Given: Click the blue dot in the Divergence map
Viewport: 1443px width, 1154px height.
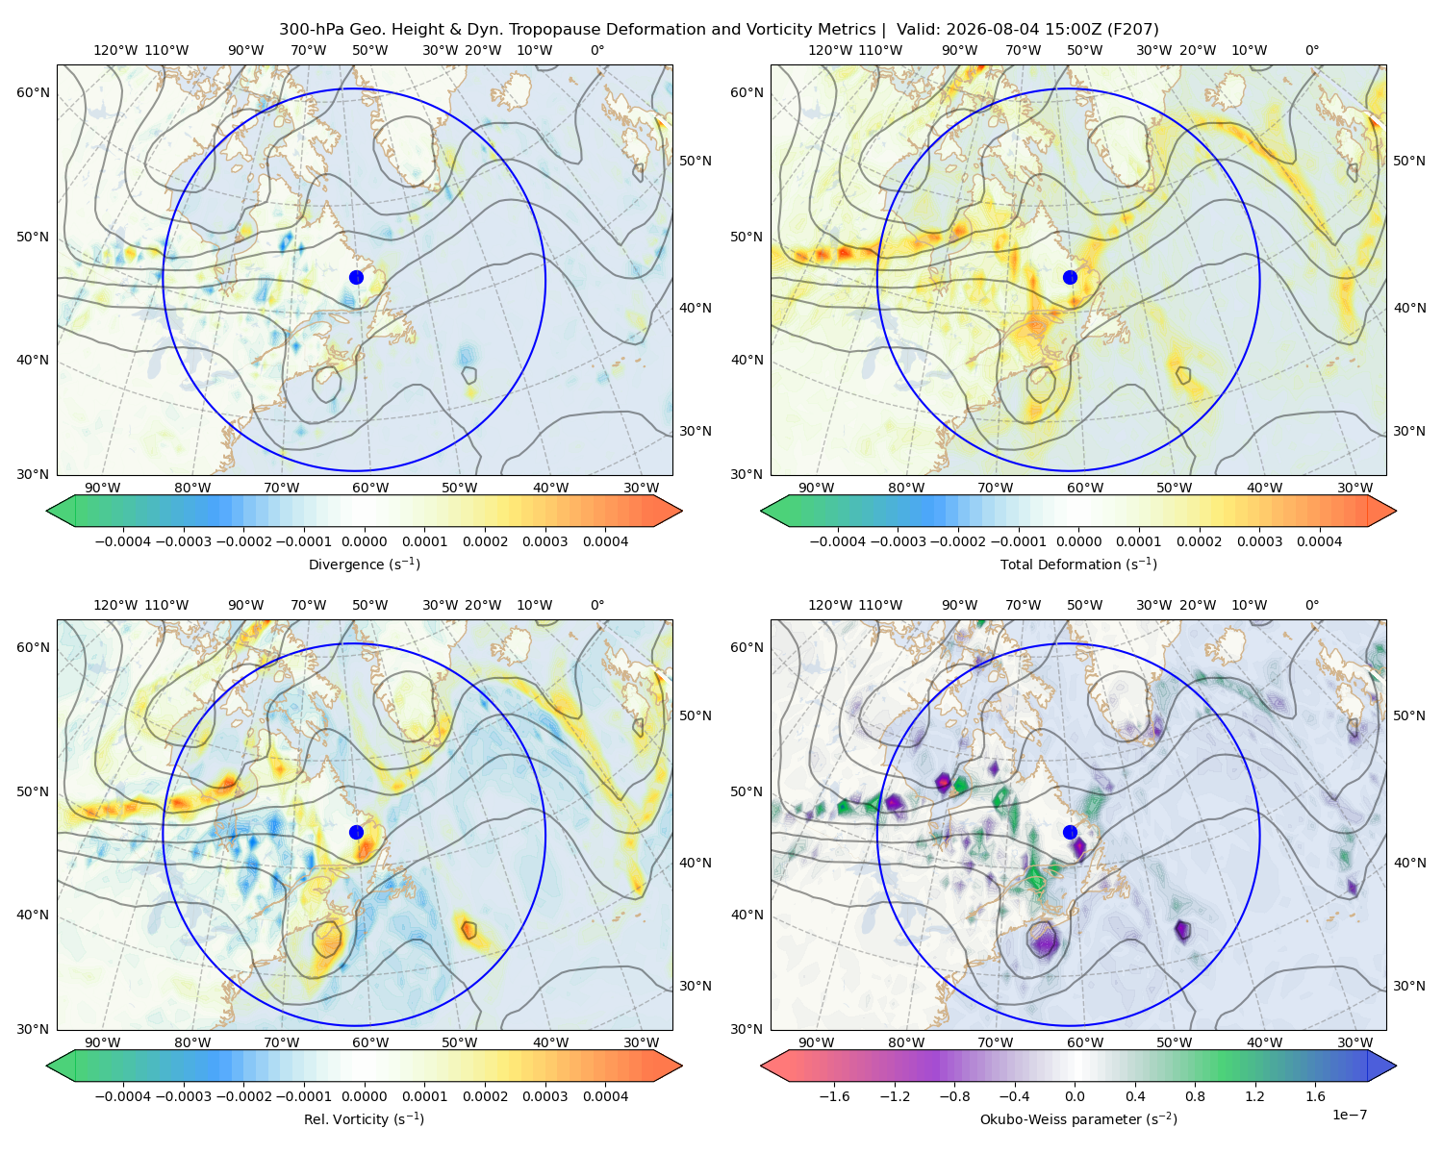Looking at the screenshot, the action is (x=356, y=277).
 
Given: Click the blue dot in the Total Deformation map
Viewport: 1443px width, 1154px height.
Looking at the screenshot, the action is (x=1070, y=277).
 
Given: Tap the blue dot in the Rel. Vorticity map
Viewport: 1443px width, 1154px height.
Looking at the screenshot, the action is (x=356, y=832).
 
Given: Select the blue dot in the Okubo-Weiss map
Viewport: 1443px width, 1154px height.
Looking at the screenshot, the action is (x=1070, y=832).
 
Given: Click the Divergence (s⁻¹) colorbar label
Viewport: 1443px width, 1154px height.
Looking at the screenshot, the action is (x=364, y=564).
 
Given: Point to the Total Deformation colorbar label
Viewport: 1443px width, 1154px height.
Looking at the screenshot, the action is (x=1078, y=564).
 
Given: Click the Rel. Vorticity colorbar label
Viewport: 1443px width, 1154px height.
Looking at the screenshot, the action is (x=364, y=1118).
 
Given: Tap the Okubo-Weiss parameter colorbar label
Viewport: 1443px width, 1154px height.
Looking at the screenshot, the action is (x=1078, y=1118).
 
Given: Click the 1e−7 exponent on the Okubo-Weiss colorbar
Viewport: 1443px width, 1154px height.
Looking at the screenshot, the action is (x=1349, y=1115).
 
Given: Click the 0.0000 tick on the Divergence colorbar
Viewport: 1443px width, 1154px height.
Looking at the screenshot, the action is (x=364, y=541).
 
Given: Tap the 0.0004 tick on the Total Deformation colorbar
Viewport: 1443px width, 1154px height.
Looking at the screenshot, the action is (x=1319, y=541).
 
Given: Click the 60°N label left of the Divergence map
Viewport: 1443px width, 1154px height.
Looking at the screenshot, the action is (x=33, y=92).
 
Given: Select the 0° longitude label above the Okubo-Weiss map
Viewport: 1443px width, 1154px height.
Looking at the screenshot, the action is (x=1312, y=605).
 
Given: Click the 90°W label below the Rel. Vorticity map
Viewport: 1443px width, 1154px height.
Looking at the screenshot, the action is (x=103, y=1042).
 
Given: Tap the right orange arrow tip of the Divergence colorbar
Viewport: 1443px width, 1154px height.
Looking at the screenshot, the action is (x=681, y=511).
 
